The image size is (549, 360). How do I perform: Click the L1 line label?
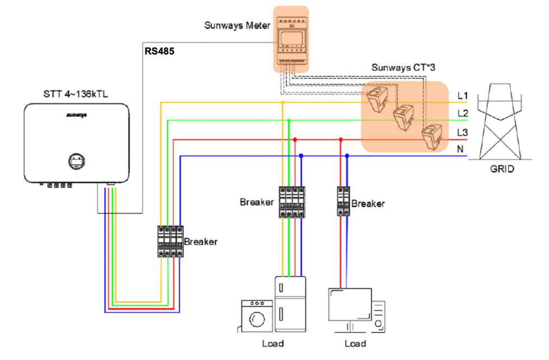click(x=463, y=96)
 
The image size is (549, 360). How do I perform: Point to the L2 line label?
click(x=463, y=114)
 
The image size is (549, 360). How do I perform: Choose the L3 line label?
click(x=463, y=132)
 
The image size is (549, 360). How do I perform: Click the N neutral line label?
click(x=461, y=149)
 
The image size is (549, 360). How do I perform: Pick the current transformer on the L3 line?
click(x=431, y=137)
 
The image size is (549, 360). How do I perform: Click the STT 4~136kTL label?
click(x=68, y=93)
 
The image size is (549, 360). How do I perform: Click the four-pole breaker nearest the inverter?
click(x=170, y=241)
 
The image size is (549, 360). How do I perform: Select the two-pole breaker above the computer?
click(x=343, y=201)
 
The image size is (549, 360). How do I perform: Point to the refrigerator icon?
click(x=290, y=305)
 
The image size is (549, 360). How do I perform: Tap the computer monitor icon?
click(x=350, y=305)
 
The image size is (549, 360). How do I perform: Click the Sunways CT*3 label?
click(x=403, y=67)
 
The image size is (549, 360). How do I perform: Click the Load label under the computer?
click(x=355, y=343)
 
